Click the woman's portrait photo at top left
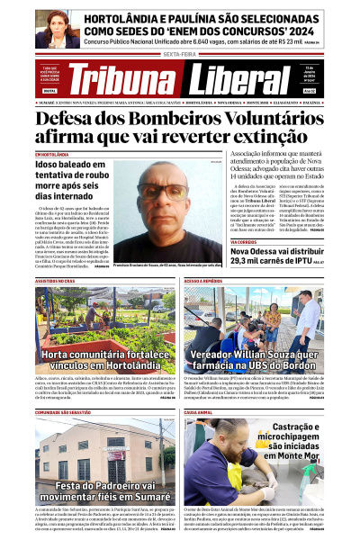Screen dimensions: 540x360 (58, 28)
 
